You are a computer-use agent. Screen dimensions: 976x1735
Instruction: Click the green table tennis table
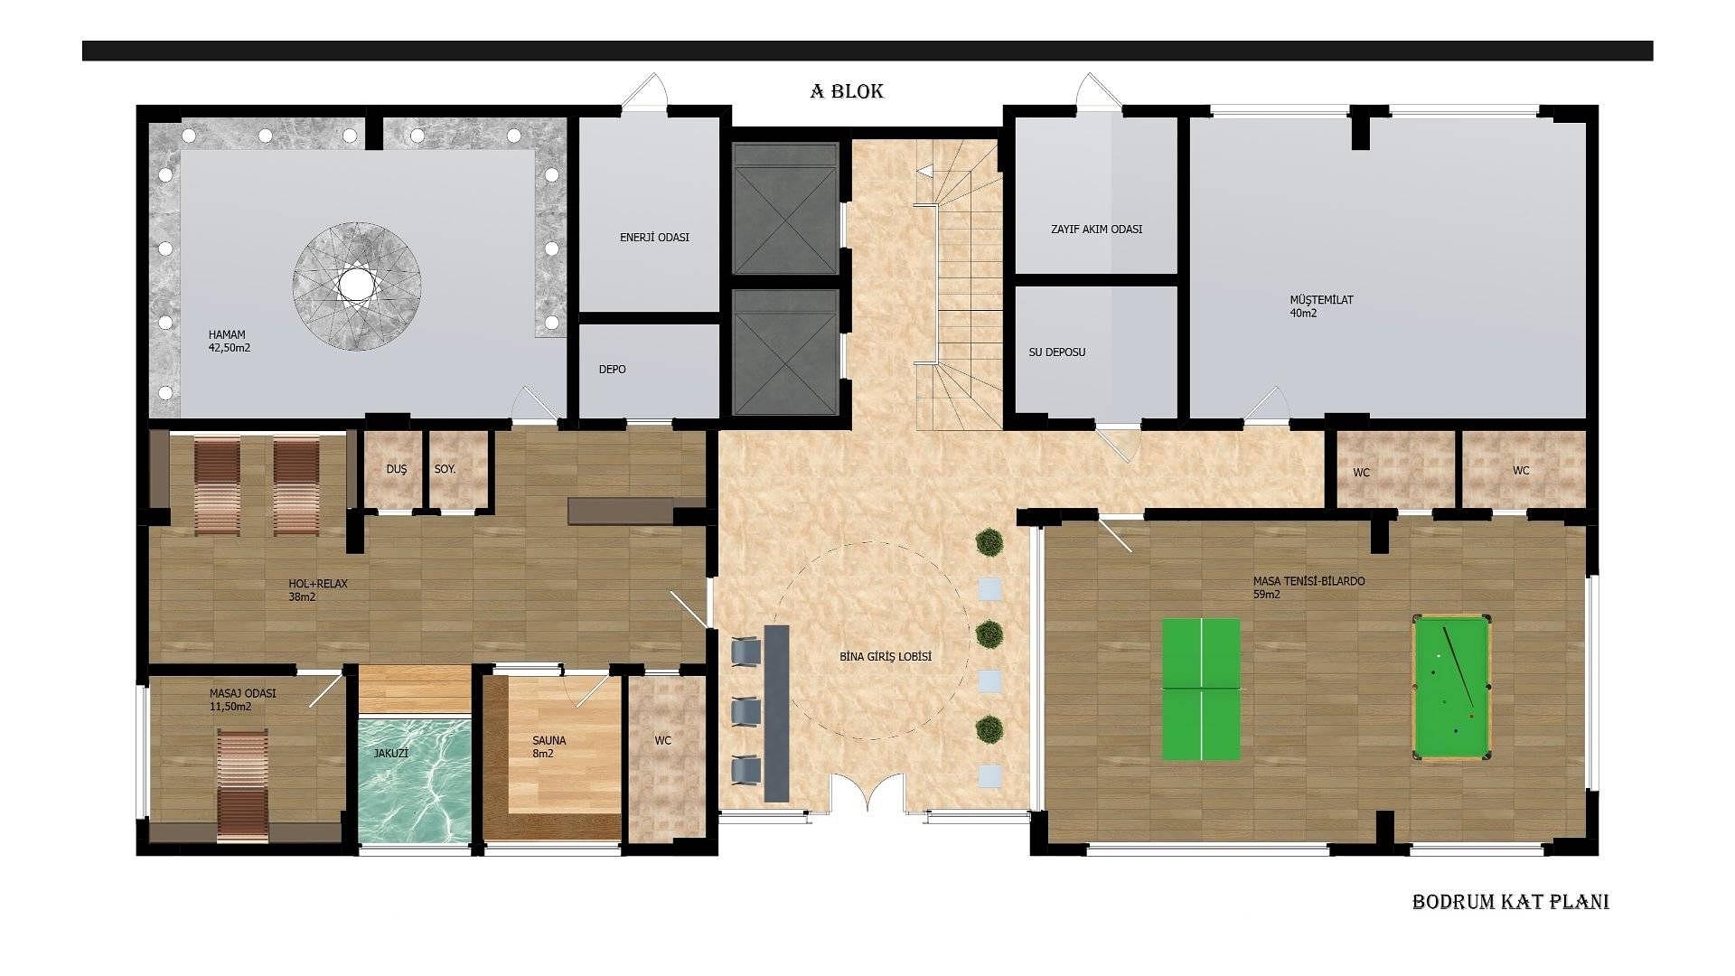(1201, 689)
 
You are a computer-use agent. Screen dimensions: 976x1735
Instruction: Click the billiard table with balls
(1451, 687)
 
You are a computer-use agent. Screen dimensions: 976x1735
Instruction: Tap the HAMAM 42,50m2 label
(229, 341)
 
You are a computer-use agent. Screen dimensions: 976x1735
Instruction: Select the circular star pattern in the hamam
(357, 286)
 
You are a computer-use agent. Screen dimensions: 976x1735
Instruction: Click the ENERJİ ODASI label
(654, 238)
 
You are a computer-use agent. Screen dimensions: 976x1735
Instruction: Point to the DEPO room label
(612, 370)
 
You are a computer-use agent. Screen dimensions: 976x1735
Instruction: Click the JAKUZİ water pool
(415, 779)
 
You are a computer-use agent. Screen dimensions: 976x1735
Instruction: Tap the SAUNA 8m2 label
(549, 746)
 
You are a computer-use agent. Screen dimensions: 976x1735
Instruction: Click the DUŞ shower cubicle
(395, 470)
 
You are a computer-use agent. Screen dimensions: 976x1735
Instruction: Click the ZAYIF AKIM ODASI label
(1096, 230)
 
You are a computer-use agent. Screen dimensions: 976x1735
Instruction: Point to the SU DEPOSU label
(1056, 352)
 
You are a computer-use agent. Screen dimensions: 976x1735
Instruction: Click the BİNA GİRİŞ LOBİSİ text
(885, 657)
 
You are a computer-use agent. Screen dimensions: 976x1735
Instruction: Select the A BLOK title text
(846, 91)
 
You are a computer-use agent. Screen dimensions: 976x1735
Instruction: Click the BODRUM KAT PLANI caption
(1510, 902)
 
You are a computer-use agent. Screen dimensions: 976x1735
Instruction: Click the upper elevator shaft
(784, 209)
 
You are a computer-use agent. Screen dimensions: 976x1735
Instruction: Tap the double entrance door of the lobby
(867, 795)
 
